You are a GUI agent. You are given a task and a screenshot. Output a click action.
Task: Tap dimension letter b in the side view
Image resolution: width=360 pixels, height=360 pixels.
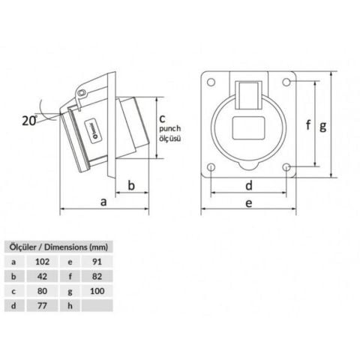pos(131,186)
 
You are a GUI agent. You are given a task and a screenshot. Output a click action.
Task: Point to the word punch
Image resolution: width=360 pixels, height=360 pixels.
pos(170,128)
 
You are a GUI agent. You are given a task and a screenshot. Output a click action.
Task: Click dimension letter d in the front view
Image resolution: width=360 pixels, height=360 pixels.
pos(248,184)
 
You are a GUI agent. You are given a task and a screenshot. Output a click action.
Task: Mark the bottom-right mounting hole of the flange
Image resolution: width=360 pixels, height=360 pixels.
pos(286,166)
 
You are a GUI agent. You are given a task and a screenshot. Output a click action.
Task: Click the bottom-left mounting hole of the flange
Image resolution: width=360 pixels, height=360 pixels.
pos(211,166)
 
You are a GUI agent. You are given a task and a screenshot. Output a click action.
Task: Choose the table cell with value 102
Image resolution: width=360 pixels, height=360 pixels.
pos(44,261)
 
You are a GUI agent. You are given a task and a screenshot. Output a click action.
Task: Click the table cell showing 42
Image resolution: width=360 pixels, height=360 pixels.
pos(44,276)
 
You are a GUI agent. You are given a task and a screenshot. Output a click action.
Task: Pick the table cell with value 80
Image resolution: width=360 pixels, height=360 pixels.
pos(44,291)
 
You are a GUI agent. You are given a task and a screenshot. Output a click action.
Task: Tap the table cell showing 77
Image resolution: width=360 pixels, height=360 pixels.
pos(44,306)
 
